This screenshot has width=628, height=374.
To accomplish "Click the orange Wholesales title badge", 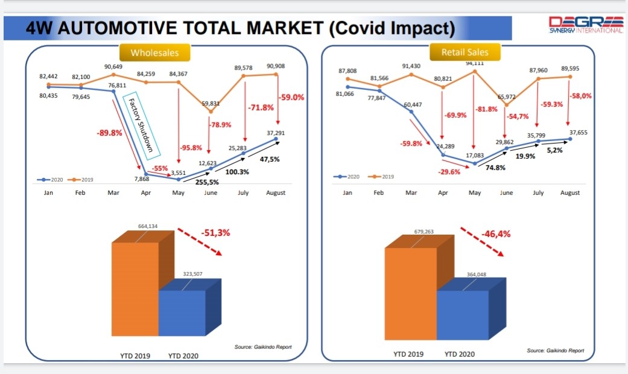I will [155, 53].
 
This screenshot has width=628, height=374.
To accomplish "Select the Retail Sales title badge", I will [465, 52].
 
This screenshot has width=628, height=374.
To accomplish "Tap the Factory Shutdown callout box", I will [141, 125].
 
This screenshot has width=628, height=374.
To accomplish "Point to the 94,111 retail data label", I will [474, 63].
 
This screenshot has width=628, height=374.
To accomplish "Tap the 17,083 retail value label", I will [475, 155].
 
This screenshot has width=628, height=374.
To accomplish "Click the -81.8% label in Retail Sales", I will [486, 109].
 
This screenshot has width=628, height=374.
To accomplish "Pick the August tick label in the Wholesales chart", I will [276, 193].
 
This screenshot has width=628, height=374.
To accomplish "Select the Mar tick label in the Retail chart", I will [410, 193].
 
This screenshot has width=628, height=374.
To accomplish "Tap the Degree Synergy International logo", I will [585, 25].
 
